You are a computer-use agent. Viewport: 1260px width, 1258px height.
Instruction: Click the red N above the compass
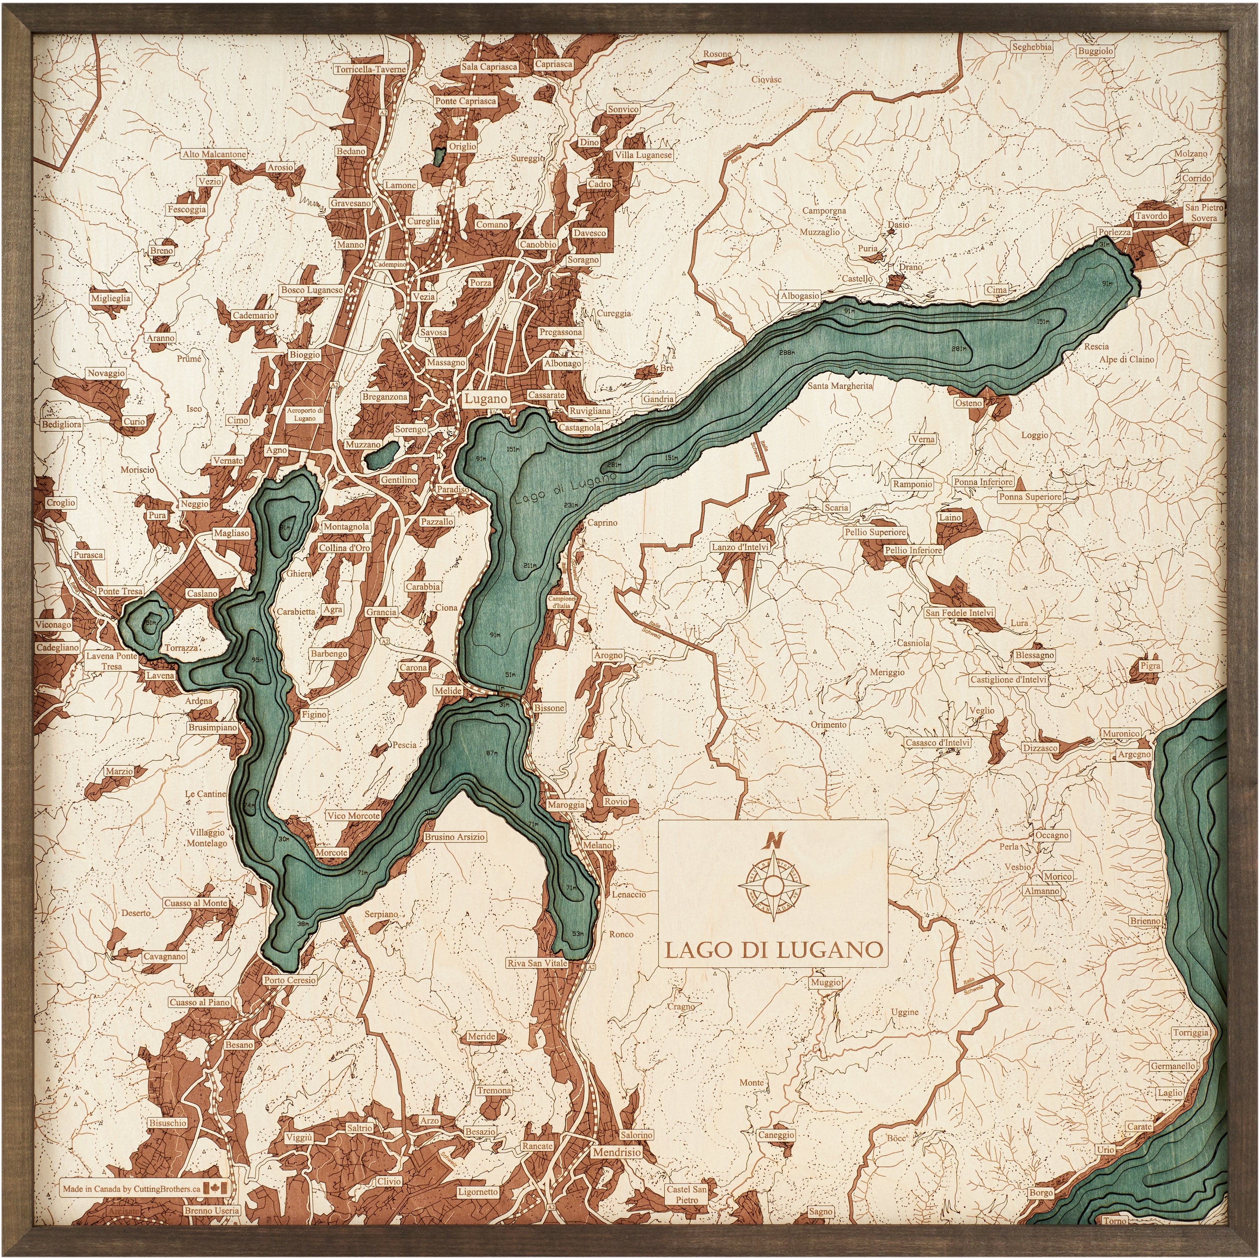click(773, 840)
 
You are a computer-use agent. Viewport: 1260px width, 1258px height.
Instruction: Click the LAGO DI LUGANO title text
click(773, 949)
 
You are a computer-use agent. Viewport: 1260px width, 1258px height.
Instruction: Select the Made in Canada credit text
click(132, 1189)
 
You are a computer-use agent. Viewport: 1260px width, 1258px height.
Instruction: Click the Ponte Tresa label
click(120, 591)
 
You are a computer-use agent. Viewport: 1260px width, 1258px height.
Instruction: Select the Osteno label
click(969, 403)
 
